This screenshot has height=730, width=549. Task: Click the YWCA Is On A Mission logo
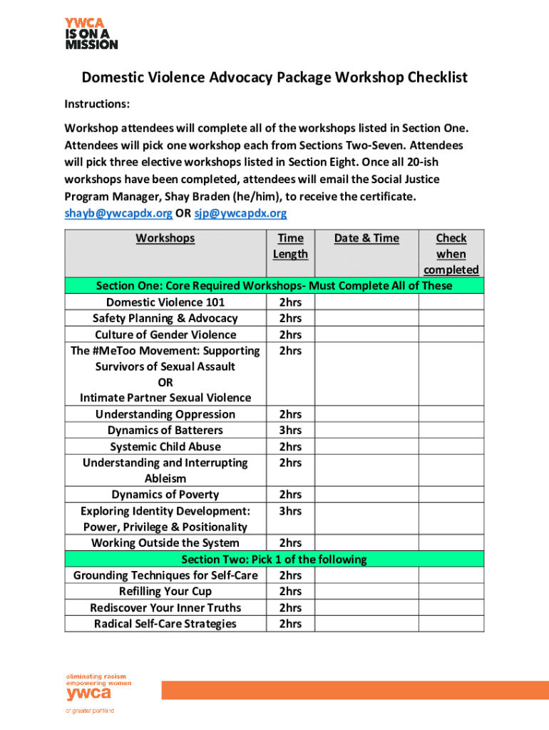[91, 33]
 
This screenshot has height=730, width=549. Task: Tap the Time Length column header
[290, 246]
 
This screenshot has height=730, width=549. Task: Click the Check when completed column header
[451, 254]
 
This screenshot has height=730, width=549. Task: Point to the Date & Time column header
[366, 238]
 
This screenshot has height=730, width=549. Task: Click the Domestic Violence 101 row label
[165, 302]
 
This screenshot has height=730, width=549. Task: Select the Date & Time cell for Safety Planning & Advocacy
[366, 319]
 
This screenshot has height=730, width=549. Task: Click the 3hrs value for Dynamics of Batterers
[290, 431]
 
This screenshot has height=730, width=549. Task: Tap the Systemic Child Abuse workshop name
[165, 447]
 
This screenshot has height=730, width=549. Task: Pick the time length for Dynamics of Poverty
[290, 495]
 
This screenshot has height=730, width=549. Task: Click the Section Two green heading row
[274, 559]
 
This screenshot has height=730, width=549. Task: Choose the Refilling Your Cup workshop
[165, 592]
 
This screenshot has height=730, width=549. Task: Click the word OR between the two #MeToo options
[165, 382]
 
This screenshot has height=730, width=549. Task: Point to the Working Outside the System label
[165, 543]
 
